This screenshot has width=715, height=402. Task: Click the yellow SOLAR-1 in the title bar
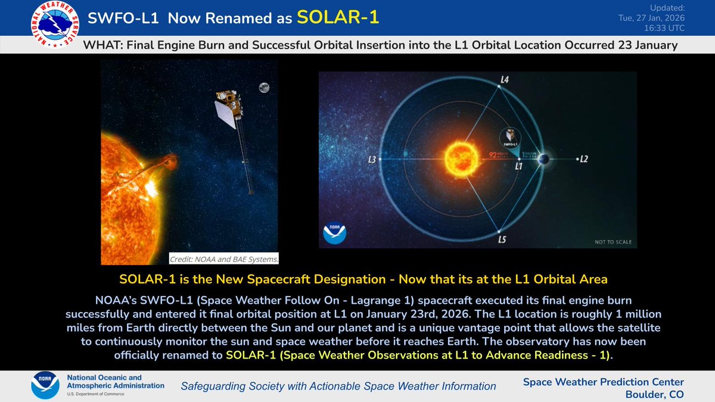coord(338,17)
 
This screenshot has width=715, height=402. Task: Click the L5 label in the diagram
coord(503,241)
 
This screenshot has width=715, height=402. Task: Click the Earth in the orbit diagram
coord(543,159)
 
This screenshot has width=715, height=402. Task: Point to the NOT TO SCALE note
coord(613,242)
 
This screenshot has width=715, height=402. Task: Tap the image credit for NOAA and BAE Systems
coord(223,259)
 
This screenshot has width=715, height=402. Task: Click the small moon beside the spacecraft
coord(263,88)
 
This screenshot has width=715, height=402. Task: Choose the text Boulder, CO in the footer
coord(655,394)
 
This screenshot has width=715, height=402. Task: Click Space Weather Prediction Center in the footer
coord(603,382)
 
